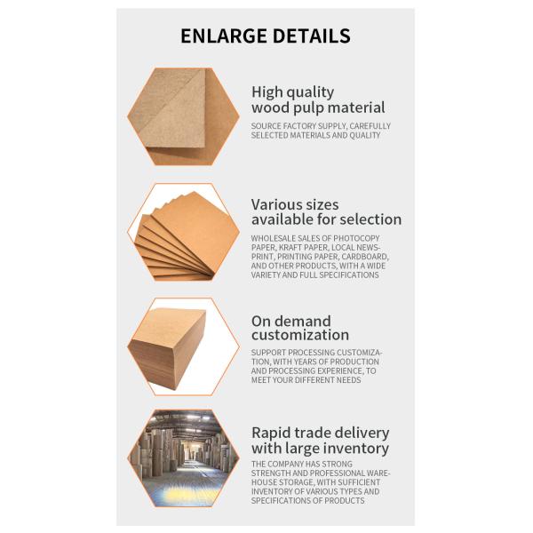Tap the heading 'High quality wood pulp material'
point(318,99)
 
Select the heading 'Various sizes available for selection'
point(326,211)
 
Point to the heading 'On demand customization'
point(299,328)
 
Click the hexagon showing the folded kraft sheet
point(183,116)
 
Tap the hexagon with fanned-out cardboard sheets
point(183,232)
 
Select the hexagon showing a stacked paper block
point(183,346)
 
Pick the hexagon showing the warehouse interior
point(183,458)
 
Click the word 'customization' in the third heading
point(299,336)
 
